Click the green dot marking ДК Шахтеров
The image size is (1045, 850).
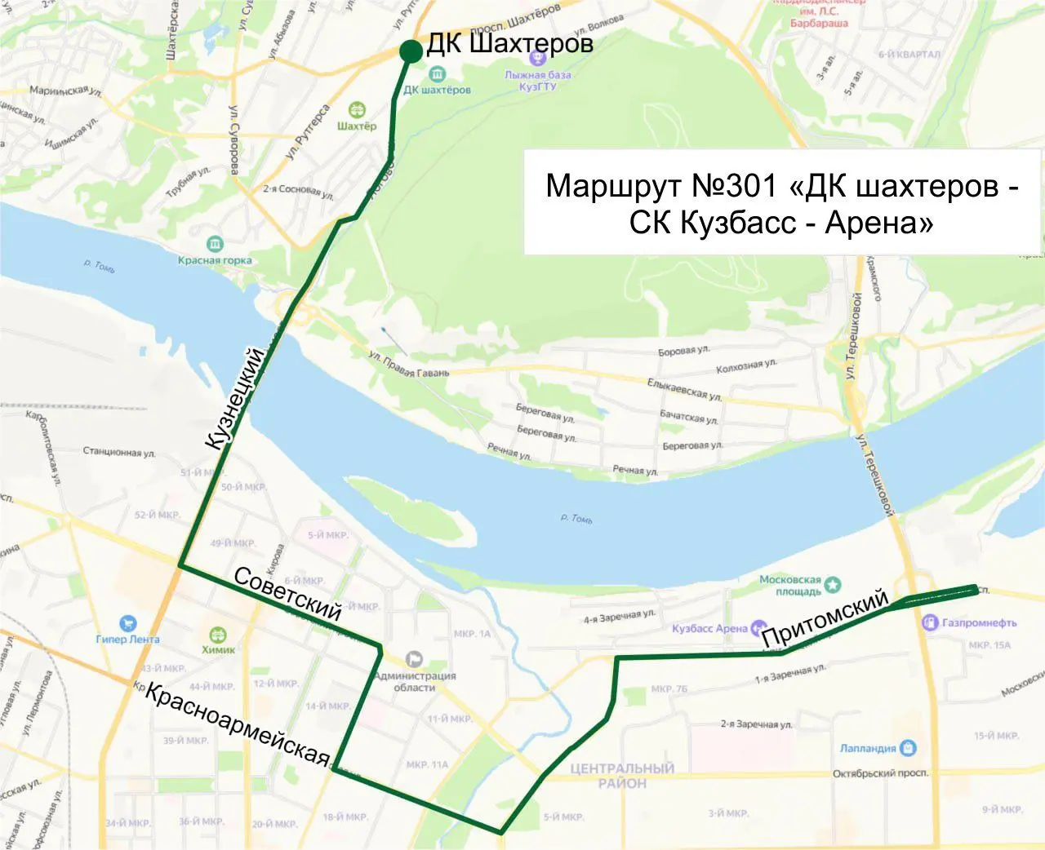pos(411,51)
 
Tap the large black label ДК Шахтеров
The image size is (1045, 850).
pos(509,43)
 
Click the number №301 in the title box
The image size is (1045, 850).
pos(734,186)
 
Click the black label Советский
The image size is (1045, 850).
pos(287,593)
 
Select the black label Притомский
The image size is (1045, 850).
pos(825,618)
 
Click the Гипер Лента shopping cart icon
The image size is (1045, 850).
pos(127,624)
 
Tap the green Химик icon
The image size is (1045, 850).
pos(218,635)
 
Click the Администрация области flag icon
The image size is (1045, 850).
pos(414,658)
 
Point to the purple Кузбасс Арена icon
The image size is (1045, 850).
pos(758,627)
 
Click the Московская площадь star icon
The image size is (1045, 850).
pos(832,584)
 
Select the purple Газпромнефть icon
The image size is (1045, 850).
pos(929,622)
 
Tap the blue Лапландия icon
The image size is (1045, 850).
pos(907,747)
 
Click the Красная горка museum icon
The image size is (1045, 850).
pos(215,245)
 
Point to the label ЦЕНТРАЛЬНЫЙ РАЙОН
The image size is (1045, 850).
pos(622,775)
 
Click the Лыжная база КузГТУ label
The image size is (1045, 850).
pos(537,80)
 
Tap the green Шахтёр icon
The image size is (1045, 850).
pos(357,110)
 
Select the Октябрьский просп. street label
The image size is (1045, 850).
pos(880,773)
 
